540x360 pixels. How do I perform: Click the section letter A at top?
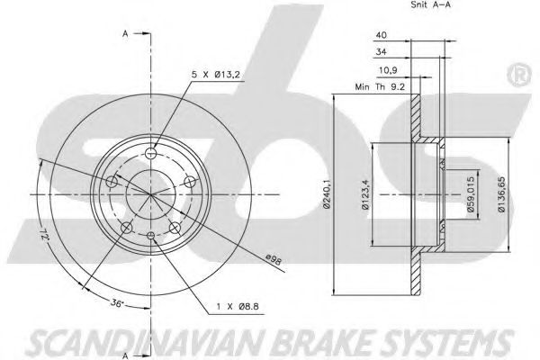tap(124, 34)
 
